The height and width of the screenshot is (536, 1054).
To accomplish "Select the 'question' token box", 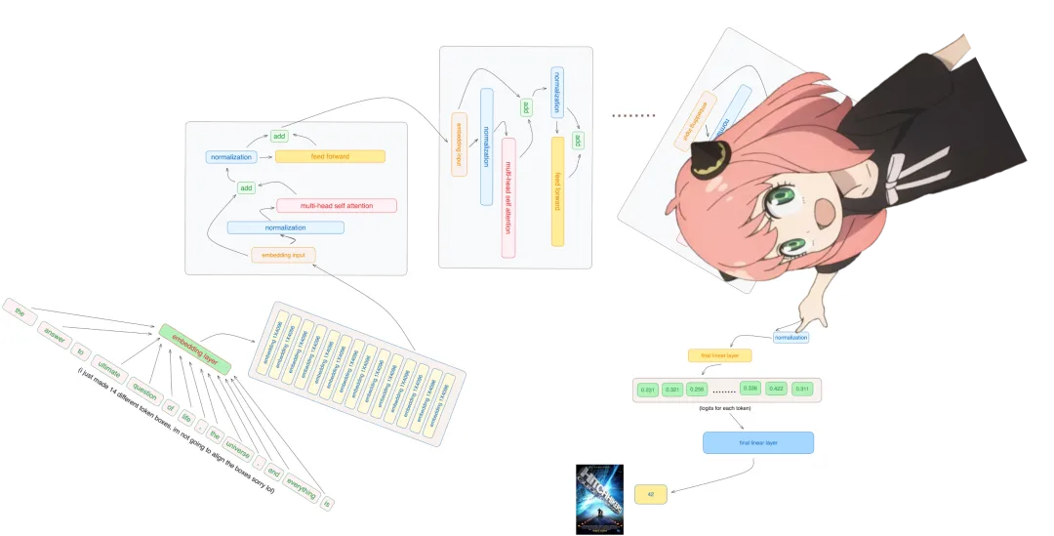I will pos(144,395).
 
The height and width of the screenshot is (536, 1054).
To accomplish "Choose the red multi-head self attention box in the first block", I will pos(336,206).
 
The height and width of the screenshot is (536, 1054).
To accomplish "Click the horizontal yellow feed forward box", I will pos(330,156).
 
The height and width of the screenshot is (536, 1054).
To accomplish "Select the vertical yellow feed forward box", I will pos(557,191).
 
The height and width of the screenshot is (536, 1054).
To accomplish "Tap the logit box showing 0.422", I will pos(778,389).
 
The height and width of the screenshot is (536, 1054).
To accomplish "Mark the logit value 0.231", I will pos(647,390).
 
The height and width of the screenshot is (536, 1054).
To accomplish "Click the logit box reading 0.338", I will pos(750,388).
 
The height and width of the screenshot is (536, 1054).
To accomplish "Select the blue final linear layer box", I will pos(757,443).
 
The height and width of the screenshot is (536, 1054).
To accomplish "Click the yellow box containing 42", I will pos(650,495).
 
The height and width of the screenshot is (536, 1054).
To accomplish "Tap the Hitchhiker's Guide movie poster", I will pos(598,498).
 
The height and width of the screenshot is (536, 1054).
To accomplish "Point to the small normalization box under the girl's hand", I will pos(790,338).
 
